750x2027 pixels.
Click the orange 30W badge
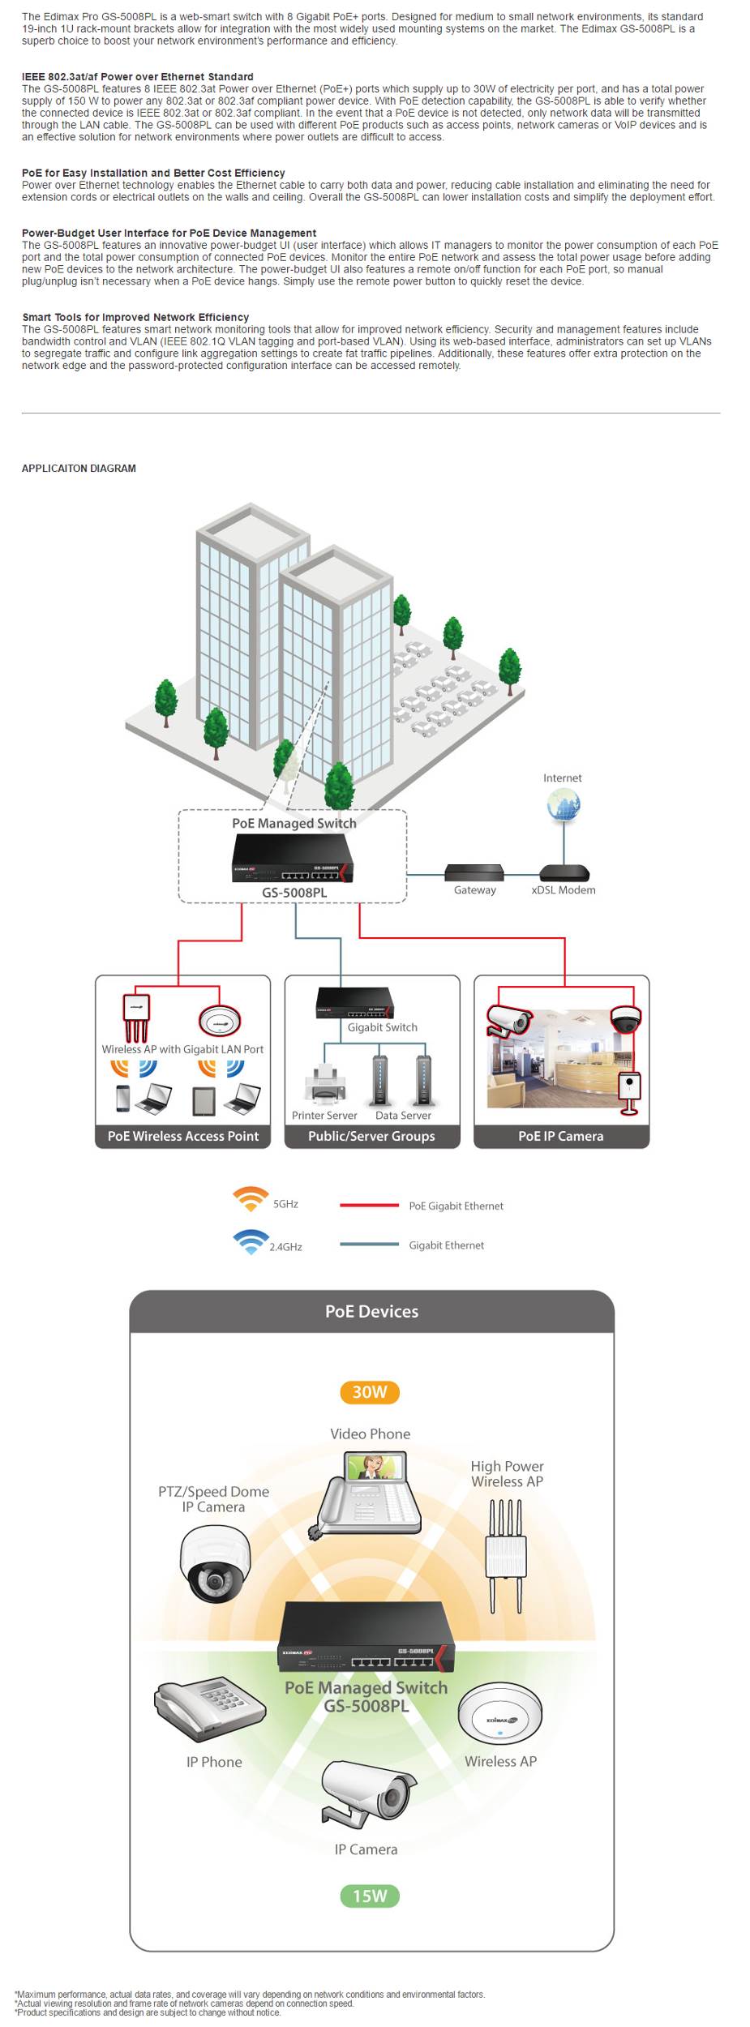click(x=370, y=1391)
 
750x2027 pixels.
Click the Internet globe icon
click(x=564, y=805)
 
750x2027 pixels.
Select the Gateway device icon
click(x=474, y=872)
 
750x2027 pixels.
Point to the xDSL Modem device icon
click(x=564, y=872)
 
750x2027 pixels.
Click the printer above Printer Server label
click(x=325, y=1082)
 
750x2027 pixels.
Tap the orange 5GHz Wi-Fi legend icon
click(x=251, y=1198)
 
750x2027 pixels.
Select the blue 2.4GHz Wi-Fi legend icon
click(x=251, y=1241)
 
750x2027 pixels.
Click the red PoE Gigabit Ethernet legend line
click(x=369, y=1205)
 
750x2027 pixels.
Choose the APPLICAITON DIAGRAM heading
click(x=79, y=469)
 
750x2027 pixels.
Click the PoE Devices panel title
click(x=371, y=1311)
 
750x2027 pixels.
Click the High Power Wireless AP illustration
click(x=506, y=1555)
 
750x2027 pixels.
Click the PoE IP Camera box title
click(x=560, y=1136)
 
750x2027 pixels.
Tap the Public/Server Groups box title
click(x=371, y=1136)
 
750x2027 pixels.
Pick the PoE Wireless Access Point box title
click(x=183, y=1136)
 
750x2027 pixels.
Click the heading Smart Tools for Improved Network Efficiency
click(x=135, y=317)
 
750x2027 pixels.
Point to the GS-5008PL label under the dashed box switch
click(x=294, y=892)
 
